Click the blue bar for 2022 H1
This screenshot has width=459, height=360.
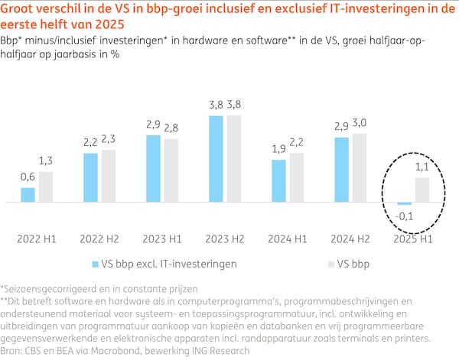pyautogui.click(x=28, y=195)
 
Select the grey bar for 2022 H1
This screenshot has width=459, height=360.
pyautogui.click(x=46, y=187)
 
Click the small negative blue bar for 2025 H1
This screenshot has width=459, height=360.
pyautogui.click(x=405, y=204)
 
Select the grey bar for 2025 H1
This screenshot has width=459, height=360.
pyautogui.click(x=422, y=190)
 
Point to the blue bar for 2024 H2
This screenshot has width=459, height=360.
pyautogui.click(x=341, y=170)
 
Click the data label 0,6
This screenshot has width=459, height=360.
pyautogui.click(x=28, y=177)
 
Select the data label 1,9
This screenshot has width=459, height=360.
pyautogui.click(x=278, y=149)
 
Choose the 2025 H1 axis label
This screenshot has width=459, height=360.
pyautogui.click(x=414, y=238)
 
